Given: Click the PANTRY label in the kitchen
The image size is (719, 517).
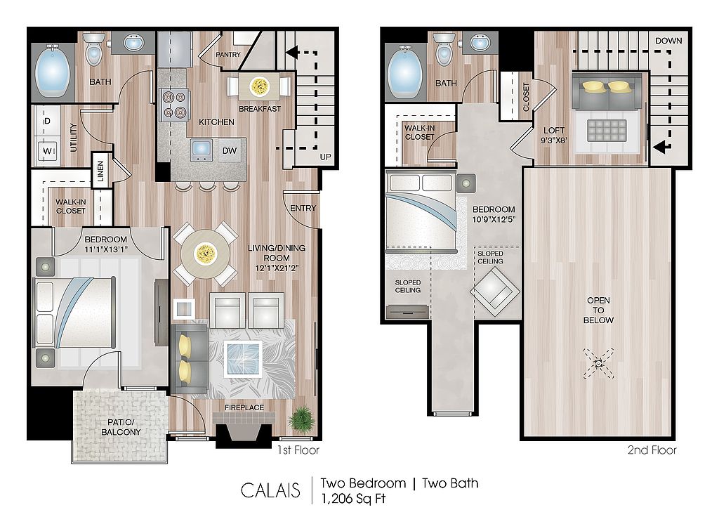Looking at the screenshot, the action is (x=228, y=55).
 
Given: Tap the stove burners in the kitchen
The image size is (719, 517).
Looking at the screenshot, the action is (x=174, y=104).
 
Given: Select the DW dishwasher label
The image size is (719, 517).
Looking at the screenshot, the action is (x=230, y=150).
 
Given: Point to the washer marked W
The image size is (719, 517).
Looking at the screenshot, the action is (x=47, y=151).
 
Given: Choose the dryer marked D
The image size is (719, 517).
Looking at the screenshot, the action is (x=47, y=121).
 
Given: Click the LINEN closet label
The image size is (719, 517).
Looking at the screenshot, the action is (x=101, y=171).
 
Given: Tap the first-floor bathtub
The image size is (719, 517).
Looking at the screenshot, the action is (x=52, y=72).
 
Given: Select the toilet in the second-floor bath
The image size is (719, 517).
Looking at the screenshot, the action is (x=444, y=49).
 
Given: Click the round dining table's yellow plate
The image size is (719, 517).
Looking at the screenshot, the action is (x=205, y=253).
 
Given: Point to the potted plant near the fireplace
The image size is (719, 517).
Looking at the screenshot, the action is (x=302, y=419).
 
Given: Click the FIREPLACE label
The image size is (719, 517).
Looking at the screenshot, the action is (x=244, y=407).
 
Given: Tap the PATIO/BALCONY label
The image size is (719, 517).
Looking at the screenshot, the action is (x=121, y=427).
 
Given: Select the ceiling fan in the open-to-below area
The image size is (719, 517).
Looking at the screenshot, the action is (x=598, y=363).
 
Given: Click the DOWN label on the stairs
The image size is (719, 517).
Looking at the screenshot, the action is (x=668, y=41).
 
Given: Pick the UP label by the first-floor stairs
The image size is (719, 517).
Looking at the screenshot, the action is (x=325, y=157).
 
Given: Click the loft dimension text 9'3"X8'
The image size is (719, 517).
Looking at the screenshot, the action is (x=554, y=140).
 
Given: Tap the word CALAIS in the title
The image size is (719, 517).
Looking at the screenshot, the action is (x=270, y=490).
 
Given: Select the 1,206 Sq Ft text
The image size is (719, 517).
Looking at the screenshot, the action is (x=354, y=499).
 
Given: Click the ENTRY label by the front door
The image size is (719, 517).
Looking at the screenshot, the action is (x=303, y=208).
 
